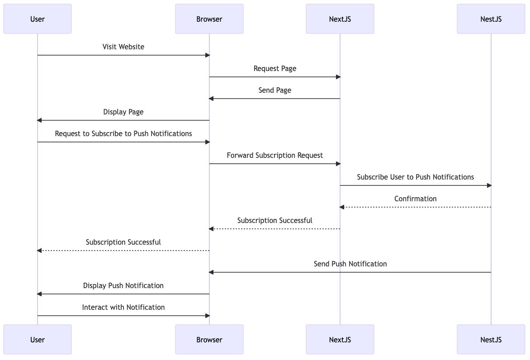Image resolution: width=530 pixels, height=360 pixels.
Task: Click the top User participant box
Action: (38, 19)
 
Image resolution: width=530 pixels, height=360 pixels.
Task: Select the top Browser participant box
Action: (209, 19)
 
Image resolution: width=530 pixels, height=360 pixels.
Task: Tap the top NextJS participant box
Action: (340, 19)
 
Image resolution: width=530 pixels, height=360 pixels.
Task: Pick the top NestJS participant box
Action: (491, 19)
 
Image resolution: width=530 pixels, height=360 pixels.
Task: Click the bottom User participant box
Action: (38, 339)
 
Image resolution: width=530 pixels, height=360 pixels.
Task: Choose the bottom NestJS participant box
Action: (491, 339)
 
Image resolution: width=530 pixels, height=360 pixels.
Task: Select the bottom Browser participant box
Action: (209, 339)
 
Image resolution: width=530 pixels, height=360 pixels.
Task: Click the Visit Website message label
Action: (123, 47)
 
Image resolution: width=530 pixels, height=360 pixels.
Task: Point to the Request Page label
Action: (275, 68)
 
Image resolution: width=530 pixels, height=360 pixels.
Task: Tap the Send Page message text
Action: (275, 90)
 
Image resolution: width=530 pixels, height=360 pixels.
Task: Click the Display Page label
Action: (123, 112)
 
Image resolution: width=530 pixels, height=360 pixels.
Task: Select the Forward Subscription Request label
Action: (275, 155)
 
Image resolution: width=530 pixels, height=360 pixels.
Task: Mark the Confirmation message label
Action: (416, 199)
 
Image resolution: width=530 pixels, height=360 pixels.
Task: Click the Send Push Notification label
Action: (350, 264)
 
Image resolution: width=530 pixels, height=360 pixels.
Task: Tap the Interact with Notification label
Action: (123, 307)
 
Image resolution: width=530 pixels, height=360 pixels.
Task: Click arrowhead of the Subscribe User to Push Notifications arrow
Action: (489, 185)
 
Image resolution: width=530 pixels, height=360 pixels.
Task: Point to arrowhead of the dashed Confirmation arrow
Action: (342, 207)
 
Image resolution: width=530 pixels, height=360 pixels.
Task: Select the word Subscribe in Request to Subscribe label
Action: (107, 133)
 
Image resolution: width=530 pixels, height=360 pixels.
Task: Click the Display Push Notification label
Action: (123, 285)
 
